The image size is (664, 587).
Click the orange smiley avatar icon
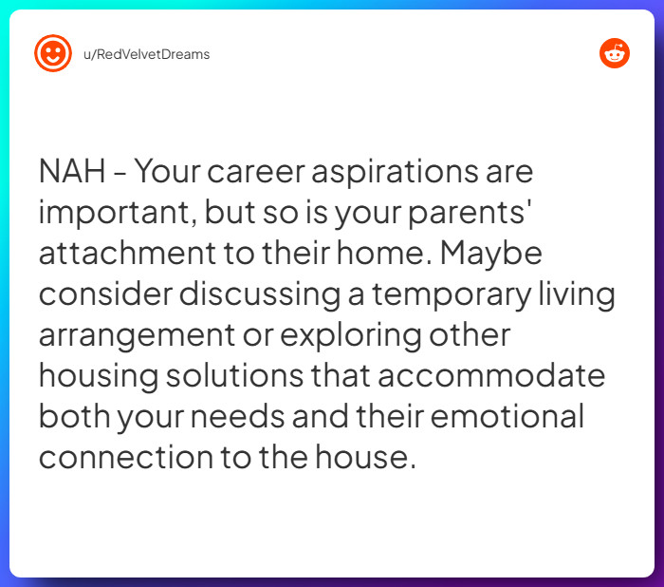tap(53, 53)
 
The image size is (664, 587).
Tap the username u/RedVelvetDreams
tap(147, 54)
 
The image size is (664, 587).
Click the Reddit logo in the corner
tap(615, 54)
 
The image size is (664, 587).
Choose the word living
tap(578, 296)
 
